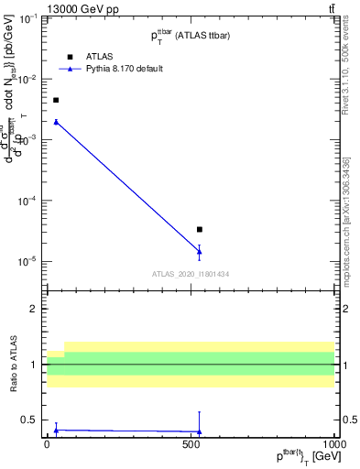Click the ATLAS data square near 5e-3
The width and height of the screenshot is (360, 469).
pyautogui.click(x=56, y=100)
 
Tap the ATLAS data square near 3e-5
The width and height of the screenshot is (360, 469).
pyautogui.click(x=199, y=229)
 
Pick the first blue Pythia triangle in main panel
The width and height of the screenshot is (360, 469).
pyautogui.click(x=56, y=122)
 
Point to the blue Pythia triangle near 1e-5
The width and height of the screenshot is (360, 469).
pyautogui.click(x=199, y=251)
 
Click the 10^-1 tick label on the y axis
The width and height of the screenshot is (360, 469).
pyautogui.click(x=28, y=18)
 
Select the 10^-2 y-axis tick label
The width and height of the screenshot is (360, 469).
pyautogui.click(x=28, y=80)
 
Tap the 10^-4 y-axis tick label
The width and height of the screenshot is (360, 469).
pyautogui.click(x=28, y=201)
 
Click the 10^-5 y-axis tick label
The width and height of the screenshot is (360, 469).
pyautogui.click(x=28, y=261)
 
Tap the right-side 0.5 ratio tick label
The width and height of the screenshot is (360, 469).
pyautogui.click(x=347, y=420)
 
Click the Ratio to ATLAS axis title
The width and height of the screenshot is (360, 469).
pyautogui.click(x=13, y=364)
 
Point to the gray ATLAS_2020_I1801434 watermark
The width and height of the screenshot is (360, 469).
pyautogui.click(x=191, y=274)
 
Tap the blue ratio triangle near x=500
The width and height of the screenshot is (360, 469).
pyautogui.click(x=199, y=431)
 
